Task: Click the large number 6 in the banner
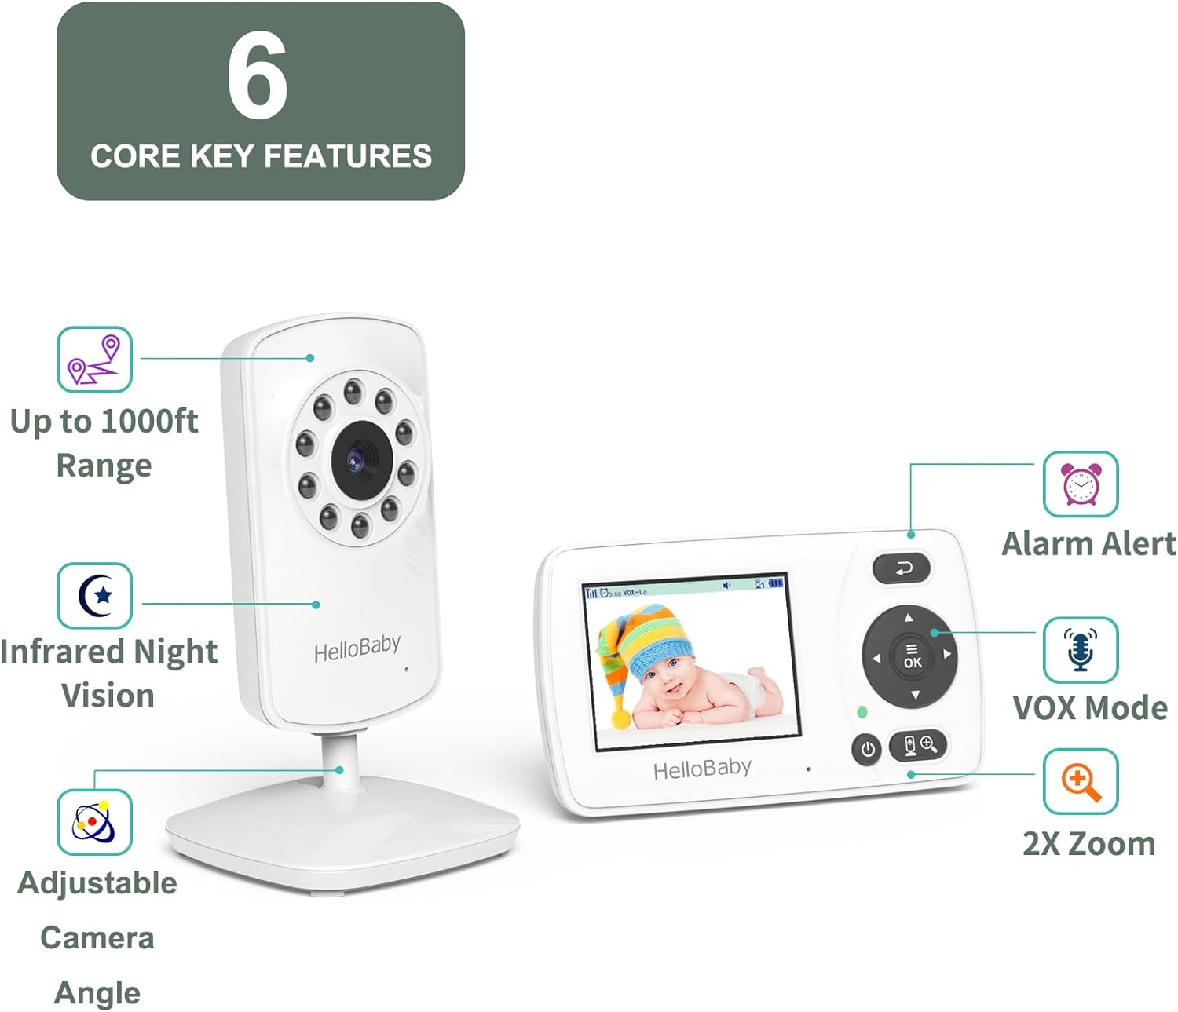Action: point(258,76)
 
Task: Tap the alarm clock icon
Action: point(1081,484)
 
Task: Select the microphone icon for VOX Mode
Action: point(1081,649)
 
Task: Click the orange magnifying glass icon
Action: point(1081,781)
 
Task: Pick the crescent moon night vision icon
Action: point(94,595)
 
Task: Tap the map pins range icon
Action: point(94,360)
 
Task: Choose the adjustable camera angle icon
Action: point(94,822)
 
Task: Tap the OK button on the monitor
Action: point(912,656)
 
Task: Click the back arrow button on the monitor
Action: point(902,568)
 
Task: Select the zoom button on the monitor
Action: point(918,744)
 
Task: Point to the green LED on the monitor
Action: point(862,712)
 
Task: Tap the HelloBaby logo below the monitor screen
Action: point(702,769)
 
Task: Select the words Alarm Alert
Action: point(1088,543)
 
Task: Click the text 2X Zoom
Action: point(1088,843)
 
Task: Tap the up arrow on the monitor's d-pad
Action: point(909,618)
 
